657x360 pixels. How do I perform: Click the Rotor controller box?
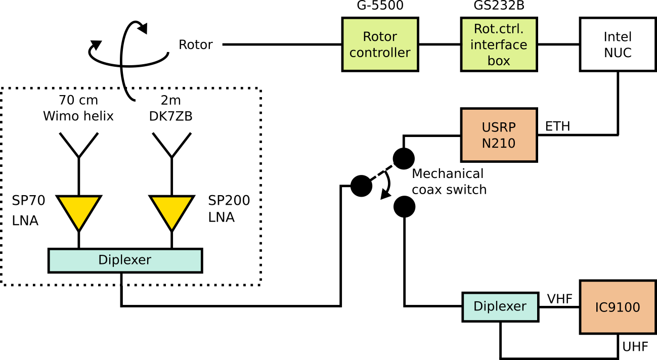pos(380,44)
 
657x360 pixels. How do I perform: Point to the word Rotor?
pos(380,37)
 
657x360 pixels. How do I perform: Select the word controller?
pos(380,53)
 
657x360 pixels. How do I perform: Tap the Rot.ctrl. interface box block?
pos(499,44)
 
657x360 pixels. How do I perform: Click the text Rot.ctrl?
pos(499,29)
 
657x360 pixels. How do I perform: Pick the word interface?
pos(499,45)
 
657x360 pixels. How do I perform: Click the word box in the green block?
pos(499,61)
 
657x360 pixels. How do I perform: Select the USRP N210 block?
pos(499,135)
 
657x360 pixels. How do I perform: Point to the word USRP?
pos(499,127)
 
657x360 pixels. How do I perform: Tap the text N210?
pos(499,144)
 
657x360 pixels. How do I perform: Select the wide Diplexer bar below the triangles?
pos(125,260)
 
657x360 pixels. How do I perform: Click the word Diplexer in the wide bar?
pos(125,260)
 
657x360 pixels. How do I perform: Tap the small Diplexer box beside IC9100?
pos(500,307)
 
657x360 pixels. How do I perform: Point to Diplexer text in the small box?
pos(500,306)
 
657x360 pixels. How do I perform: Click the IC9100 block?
pos(618,307)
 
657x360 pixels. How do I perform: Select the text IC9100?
pos(618,307)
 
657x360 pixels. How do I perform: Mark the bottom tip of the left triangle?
pos(79,229)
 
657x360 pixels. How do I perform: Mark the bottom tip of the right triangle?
pos(172,229)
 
